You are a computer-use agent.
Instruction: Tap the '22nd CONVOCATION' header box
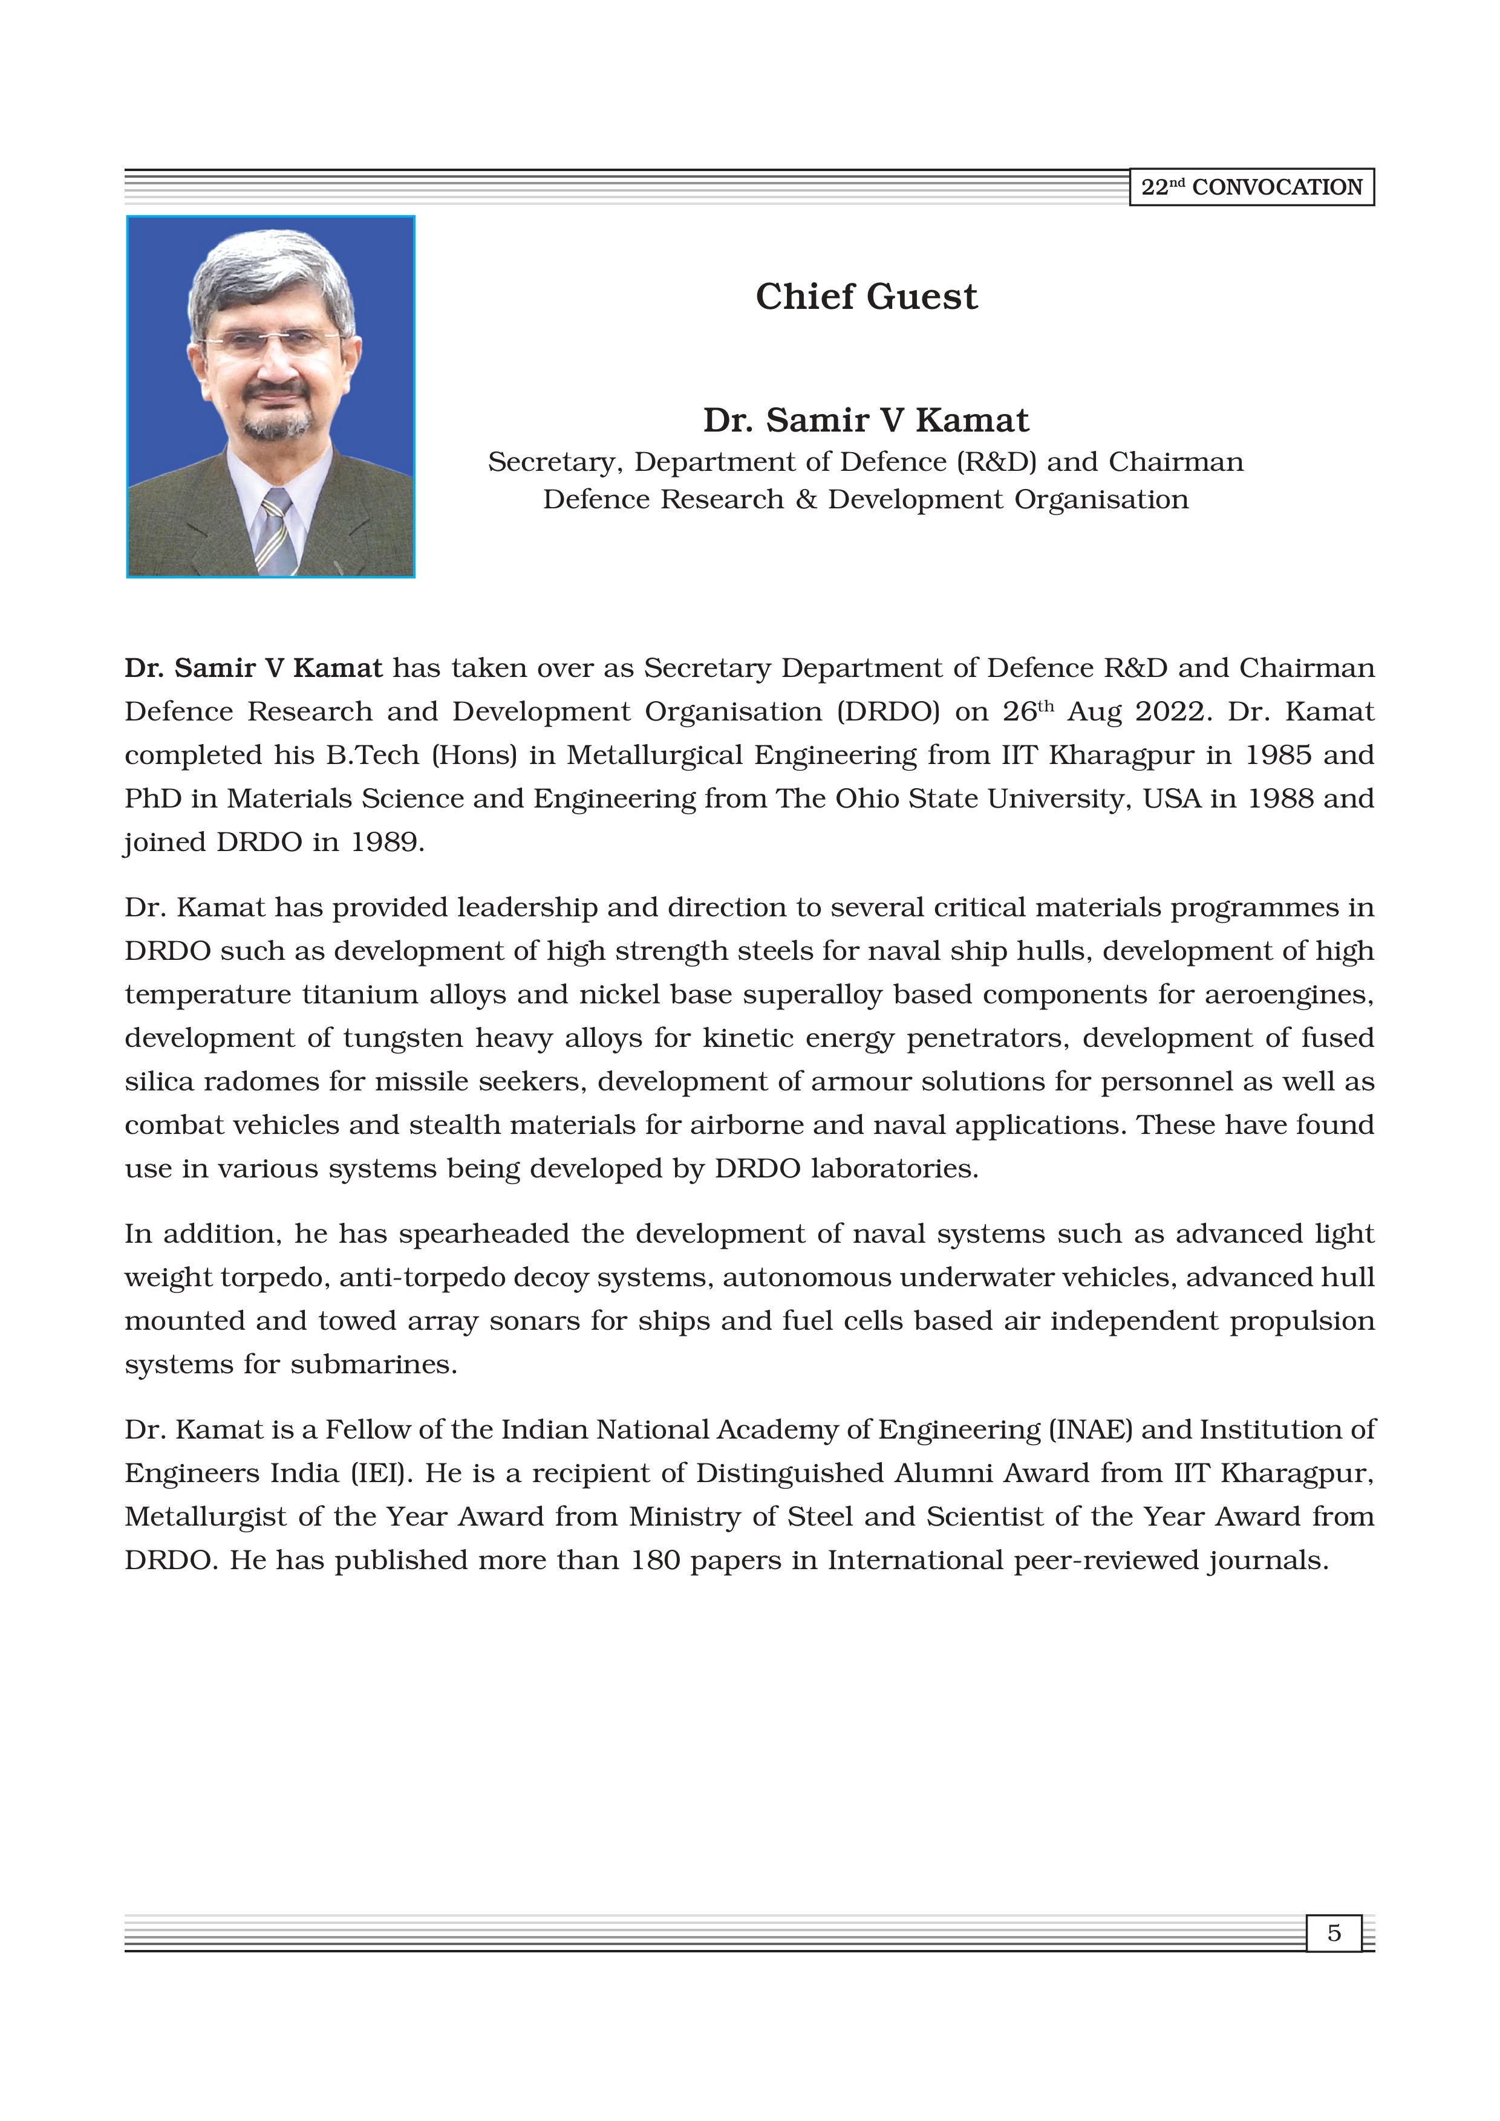click(1251, 187)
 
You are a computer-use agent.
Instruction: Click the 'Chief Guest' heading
click(866, 297)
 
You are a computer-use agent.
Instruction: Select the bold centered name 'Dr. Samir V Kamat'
click(866, 420)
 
